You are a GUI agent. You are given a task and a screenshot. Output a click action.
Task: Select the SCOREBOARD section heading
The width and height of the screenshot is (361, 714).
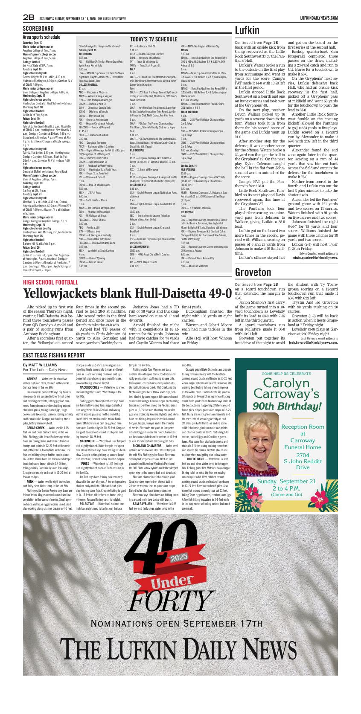click(x=38, y=29)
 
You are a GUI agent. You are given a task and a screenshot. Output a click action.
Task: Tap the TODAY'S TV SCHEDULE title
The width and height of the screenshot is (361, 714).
click(x=153, y=39)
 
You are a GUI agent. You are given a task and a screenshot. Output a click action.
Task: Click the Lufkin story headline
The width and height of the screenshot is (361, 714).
click(x=247, y=30)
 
